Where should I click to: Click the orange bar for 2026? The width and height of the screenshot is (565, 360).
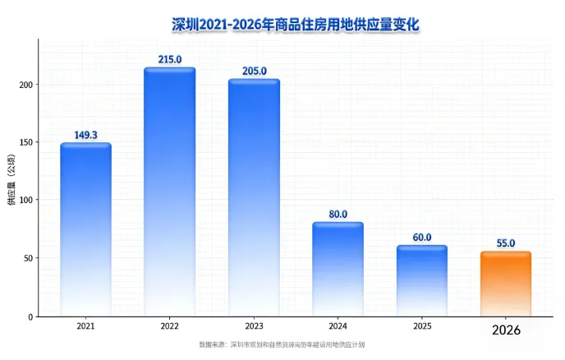click(506, 284)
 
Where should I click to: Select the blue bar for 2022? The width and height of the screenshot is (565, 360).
click(170, 192)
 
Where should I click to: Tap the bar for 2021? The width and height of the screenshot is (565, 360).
click(85, 229)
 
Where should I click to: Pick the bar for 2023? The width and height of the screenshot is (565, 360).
click(254, 198)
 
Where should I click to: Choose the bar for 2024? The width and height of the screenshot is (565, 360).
click(338, 269)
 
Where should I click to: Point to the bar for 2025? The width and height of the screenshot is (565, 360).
click(422, 281)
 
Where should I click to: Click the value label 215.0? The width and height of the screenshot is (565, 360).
click(170, 59)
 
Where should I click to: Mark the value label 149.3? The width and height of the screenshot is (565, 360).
click(85, 135)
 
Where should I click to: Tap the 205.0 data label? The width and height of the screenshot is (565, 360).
click(254, 71)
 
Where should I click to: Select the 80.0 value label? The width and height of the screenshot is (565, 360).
click(338, 215)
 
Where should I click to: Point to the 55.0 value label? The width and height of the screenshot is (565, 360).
click(506, 243)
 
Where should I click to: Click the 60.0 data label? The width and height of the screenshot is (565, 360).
click(422, 238)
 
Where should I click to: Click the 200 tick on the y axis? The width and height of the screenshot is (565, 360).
click(26, 85)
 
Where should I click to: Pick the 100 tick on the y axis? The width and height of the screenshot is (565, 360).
click(26, 200)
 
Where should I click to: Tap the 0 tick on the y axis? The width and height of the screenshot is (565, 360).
click(30, 317)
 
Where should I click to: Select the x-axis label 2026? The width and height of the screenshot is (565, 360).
click(506, 330)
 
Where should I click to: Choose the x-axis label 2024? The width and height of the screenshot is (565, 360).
click(338, 326)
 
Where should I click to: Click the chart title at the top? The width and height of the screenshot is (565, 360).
click(296, 25)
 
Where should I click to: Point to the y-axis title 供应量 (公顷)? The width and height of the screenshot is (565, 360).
click(11, 180)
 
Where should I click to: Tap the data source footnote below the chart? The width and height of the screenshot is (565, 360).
click(282, 344)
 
